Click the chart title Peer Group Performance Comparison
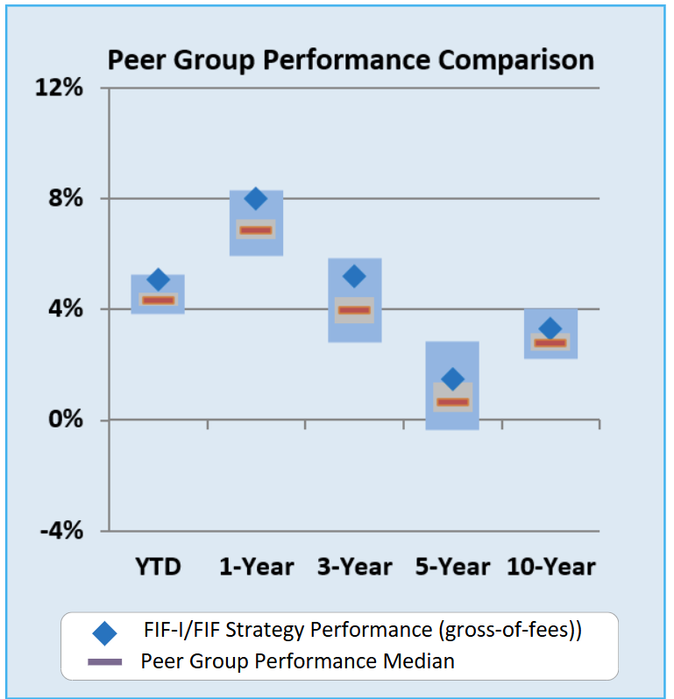coord(351,60)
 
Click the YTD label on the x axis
coord(158,567)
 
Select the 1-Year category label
coord(256,567)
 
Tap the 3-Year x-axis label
coord(354,567)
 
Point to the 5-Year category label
coord(452,567)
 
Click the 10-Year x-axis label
coord(550,567)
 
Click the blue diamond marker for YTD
coord(158,280)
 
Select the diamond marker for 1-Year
coord(256,199)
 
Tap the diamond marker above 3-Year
coord(354,276)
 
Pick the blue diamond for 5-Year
coord(452,378)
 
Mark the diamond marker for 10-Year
coord(550,328)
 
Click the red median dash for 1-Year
coord(256,229)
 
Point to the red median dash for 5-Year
coord(452,402)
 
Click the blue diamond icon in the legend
coord(105,632)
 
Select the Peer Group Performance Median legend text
coord(298,660)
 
